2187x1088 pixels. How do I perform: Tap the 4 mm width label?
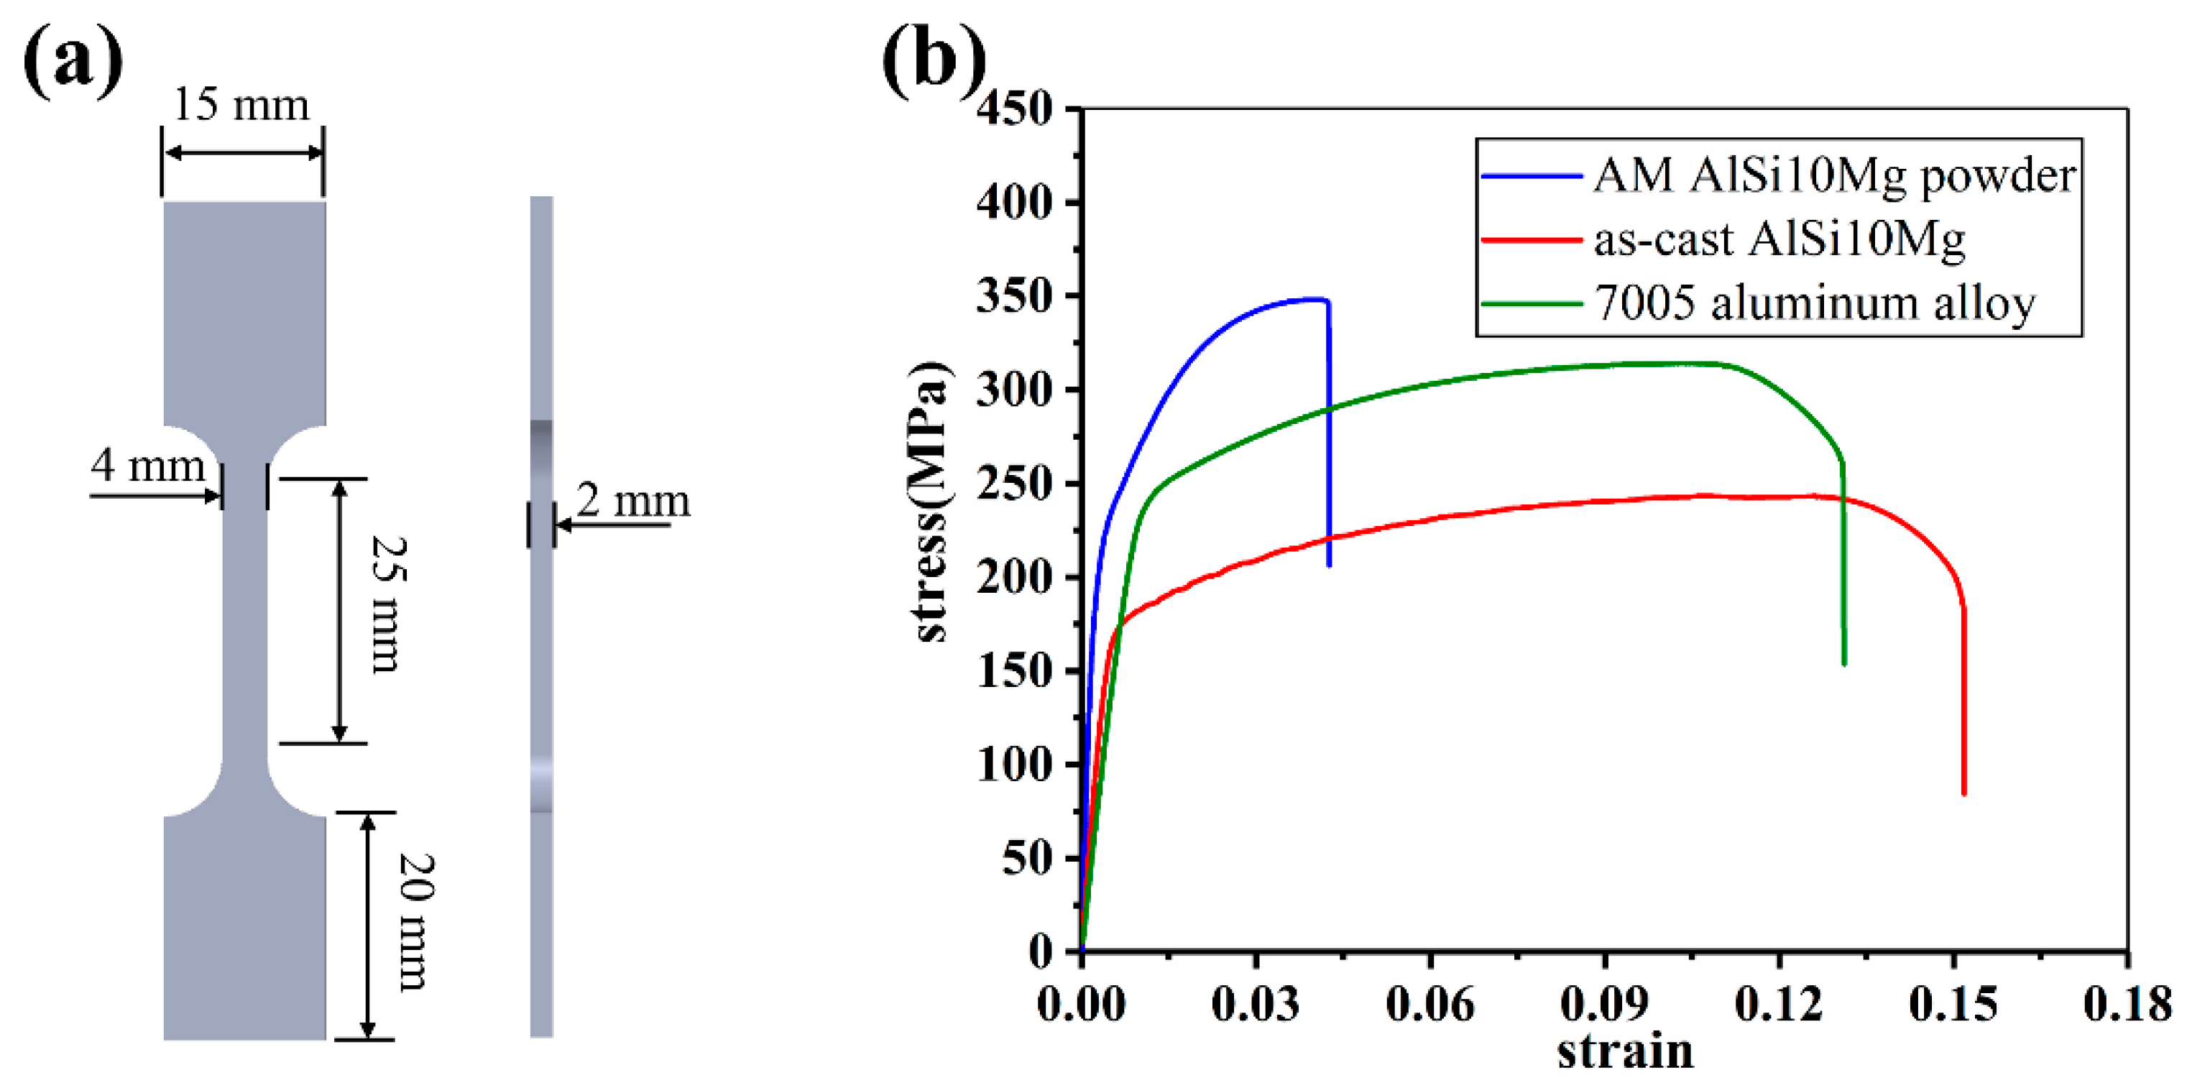149,465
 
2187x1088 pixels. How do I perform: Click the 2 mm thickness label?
633,501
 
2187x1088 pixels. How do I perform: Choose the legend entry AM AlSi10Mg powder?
1834,175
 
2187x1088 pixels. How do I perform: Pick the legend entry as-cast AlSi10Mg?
1779,239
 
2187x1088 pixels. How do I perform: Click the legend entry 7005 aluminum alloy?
1814,303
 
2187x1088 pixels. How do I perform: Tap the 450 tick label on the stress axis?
1015,109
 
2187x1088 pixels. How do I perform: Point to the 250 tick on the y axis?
1015,484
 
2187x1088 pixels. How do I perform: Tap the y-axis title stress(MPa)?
931,501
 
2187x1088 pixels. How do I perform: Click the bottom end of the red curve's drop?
1963,793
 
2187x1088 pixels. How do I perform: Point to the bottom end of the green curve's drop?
1844,664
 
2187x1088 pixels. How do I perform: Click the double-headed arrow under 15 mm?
243,153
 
